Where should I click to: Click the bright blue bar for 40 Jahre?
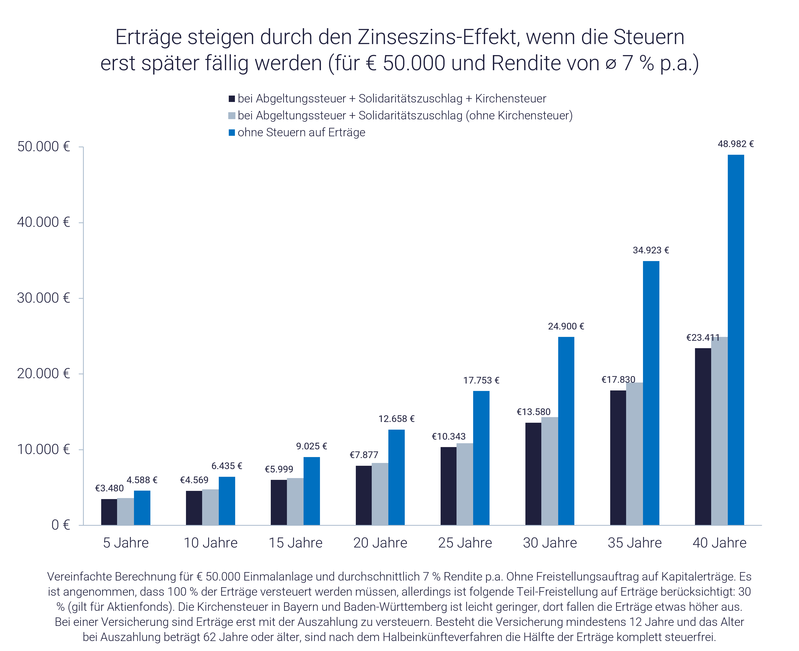tap(736, 339)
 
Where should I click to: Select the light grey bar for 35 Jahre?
tap(634, 453)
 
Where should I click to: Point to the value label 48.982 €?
tap(736, 144)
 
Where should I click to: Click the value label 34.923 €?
tap(651, 250)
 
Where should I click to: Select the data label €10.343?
tap(449, 437)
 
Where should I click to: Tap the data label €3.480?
tap(109, 488)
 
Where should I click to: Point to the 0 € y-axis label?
tap(61, 525)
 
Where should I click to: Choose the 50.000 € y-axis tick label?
tap(44, 147)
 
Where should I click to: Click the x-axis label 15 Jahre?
tap(295, 543)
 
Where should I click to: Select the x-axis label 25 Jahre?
tap(465, 543)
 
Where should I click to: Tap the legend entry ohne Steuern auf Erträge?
tap(301, 132)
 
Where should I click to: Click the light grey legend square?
tap(232, 116)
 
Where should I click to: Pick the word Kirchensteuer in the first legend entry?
tap(511, 99)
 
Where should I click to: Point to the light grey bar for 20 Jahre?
tap(380, 494)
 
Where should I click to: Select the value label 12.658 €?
tap(396, 419)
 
